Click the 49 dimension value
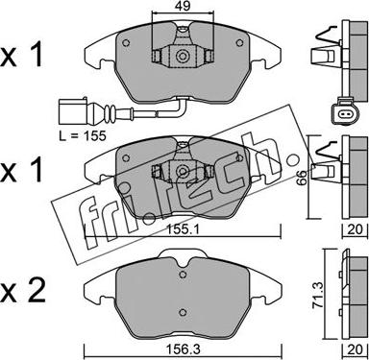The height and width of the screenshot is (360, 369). [183, 6]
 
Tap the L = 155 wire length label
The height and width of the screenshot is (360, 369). [83, 135]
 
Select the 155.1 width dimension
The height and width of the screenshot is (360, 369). [182, 229]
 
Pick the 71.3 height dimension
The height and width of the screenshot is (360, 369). [317, 295]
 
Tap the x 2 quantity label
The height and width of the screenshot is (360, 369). [22, 292]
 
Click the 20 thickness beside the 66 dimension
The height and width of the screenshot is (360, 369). [355, 229]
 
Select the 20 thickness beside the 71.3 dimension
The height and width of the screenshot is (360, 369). [355, 349]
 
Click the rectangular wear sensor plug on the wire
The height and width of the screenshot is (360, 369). [72, 112]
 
